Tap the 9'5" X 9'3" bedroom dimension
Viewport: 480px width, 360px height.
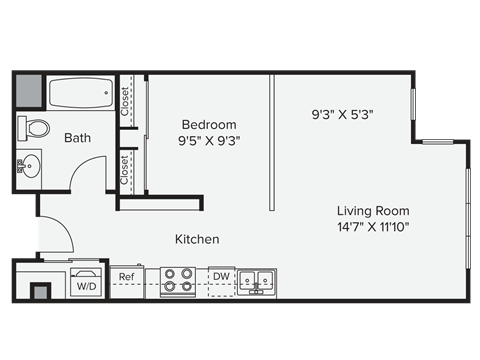click(x=208, y=141)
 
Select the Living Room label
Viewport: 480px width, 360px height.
click(x=373, y=211)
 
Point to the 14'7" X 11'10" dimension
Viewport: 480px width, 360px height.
click(x=373, y=227)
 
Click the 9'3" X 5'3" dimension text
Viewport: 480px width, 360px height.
click(x=342, y=115)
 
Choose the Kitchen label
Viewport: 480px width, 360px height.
click(x=197, y=240)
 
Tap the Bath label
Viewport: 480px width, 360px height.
click(x=79, y=138)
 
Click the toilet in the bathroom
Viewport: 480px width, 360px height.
click(x=36, y=128)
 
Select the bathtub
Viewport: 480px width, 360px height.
click(x=82, y=93)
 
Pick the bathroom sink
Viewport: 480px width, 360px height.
click(x=29, y=164)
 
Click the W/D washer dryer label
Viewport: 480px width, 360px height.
click(x=86, y=286)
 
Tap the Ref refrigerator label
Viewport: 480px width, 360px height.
click(x=127, y=277)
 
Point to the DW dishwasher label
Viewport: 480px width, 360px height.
click(x=221, y=277)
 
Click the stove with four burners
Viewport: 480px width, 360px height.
click(x=177, y=281)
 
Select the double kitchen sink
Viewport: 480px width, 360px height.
click(x=257, y=281)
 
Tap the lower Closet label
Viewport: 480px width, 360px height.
click(x=126, y=170)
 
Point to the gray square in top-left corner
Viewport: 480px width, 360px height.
click(x=29, y=91)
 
